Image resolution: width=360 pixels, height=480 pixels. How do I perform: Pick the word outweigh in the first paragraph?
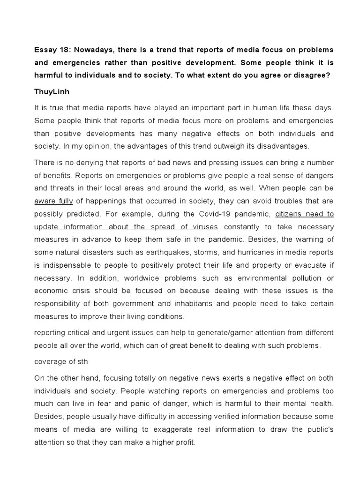coord(221,146)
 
